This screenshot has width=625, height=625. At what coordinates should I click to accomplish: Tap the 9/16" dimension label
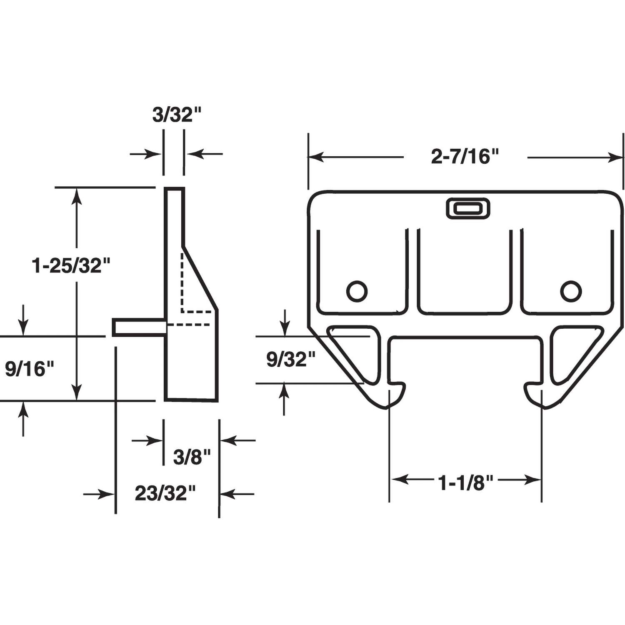(30, 369)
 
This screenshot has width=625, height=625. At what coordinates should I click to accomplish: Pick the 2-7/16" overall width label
(465, 157)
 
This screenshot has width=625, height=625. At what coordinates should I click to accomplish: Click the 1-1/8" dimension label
(465, 483)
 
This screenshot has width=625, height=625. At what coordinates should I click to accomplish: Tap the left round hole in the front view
(357, 291)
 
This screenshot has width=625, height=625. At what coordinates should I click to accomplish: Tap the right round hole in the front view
(571, 291)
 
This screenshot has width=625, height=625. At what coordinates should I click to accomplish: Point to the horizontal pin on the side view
(139, 327)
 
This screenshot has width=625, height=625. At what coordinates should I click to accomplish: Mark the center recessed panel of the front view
(464, 271)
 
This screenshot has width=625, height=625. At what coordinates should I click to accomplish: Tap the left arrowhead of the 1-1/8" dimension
(398, 480)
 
